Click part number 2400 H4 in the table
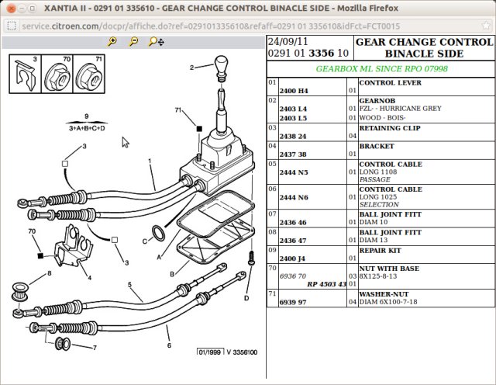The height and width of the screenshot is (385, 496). tap(294, 90)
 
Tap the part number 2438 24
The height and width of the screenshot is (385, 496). tap(294, 135)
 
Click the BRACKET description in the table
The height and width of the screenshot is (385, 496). tap(377, 145)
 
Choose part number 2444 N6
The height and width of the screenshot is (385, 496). tap(294, 197)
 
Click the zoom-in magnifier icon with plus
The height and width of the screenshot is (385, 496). tap(113, 40)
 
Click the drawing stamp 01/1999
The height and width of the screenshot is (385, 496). tap(209, 352)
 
